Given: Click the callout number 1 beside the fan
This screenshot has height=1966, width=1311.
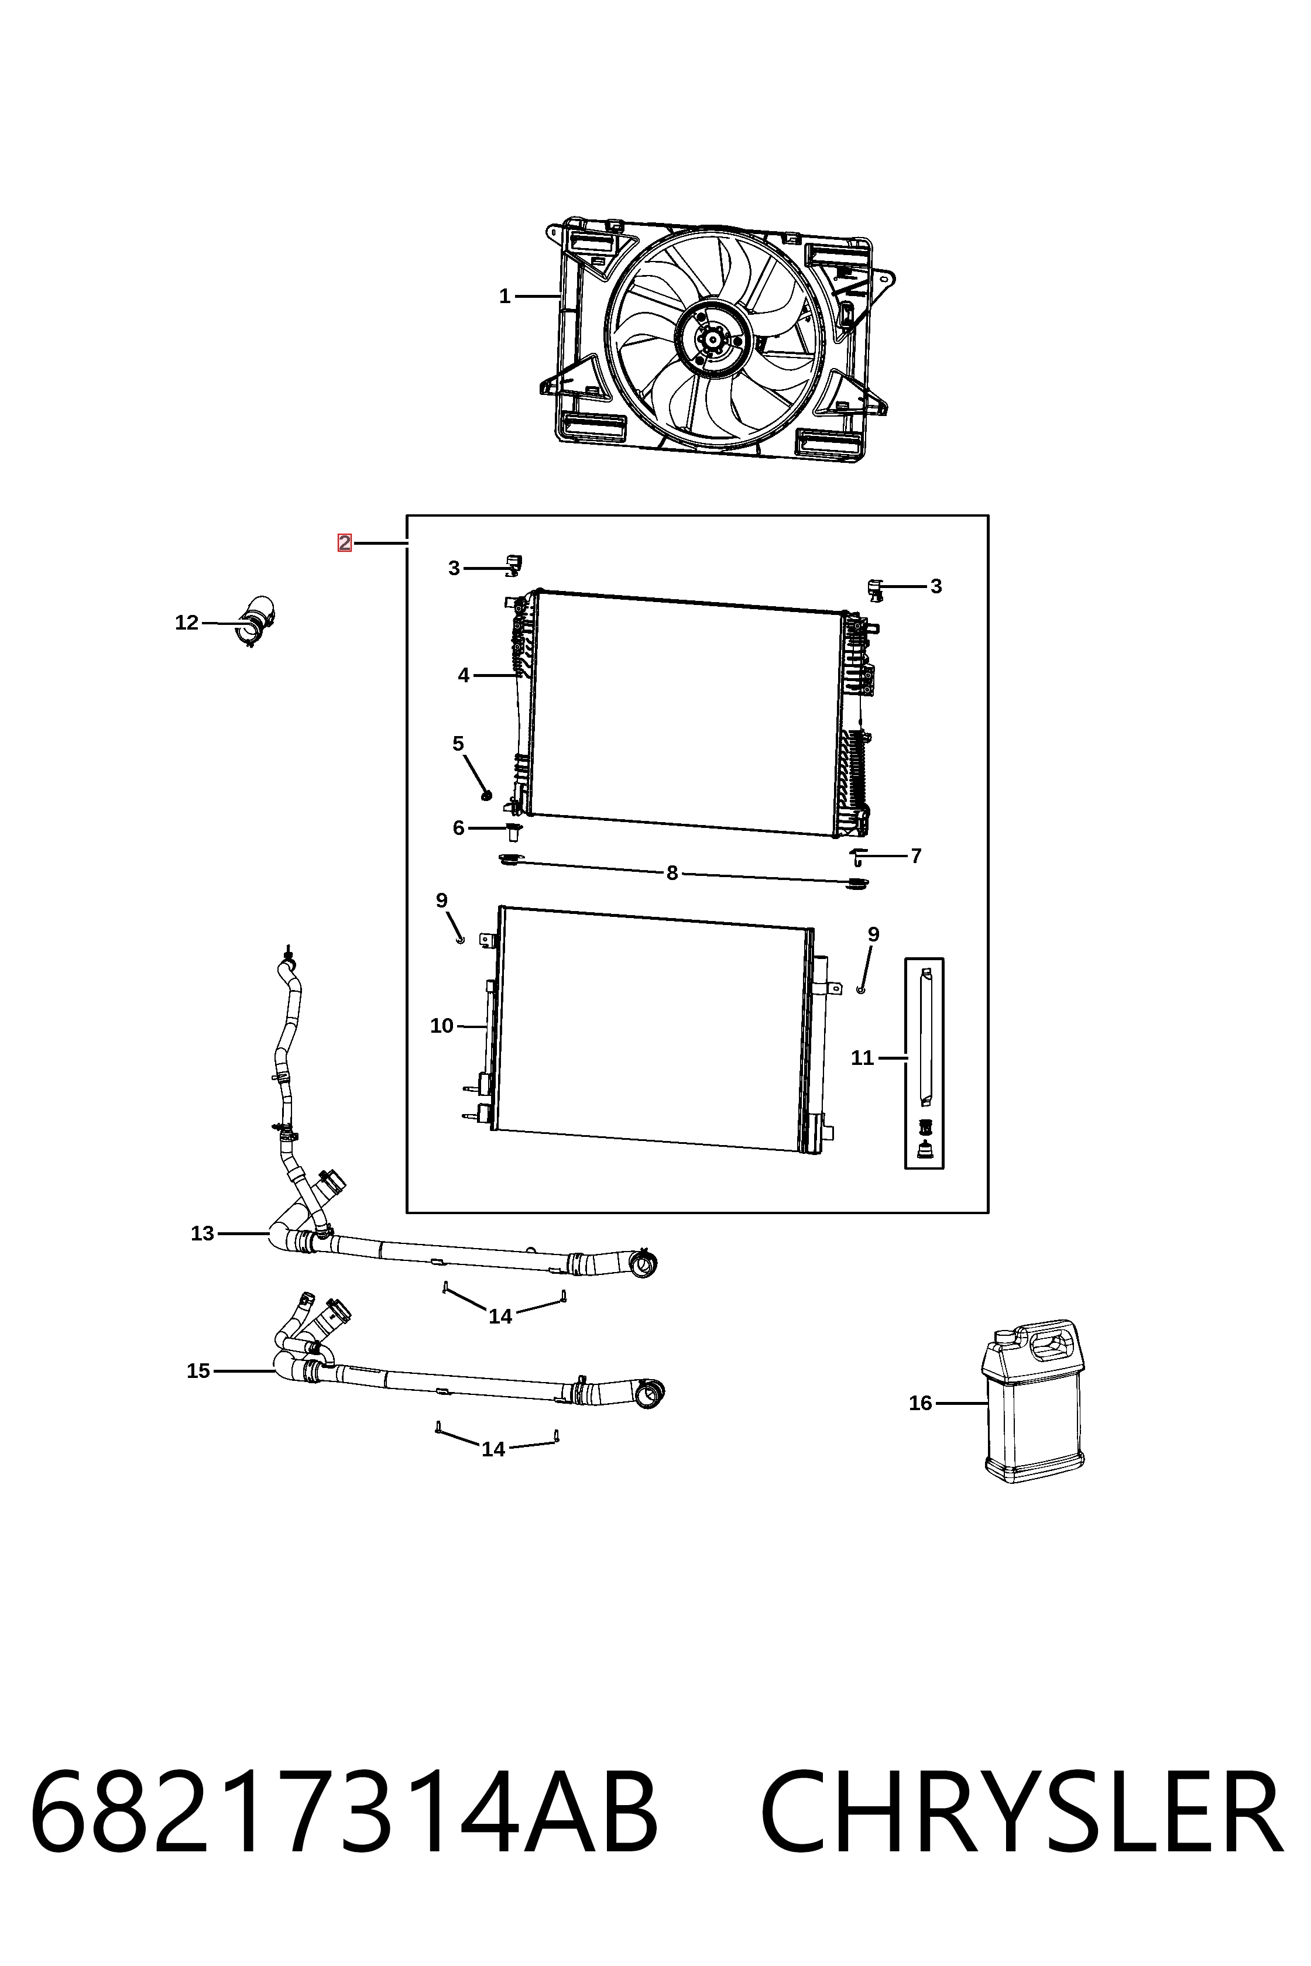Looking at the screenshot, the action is [504, 296].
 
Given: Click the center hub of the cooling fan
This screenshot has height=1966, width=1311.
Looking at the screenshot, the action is [712, 339].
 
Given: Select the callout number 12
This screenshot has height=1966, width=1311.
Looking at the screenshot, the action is [187, 623].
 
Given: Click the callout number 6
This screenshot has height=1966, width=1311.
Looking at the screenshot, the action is [458, 829].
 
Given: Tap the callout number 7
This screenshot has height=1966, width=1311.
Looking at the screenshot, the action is [917, 856].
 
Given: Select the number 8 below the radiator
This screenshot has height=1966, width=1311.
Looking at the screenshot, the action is [672, 874].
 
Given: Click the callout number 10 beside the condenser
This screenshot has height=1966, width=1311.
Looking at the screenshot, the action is [441, 1026].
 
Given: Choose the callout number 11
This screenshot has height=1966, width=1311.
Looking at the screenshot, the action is [862, 1058].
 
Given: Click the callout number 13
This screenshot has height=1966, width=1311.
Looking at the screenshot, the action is [203, 1234].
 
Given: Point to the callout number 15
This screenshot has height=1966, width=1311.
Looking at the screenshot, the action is [198, 1372].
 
